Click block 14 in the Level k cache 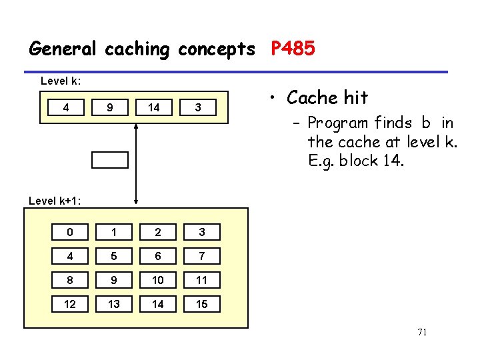point(154,107)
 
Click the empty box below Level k point(109,159)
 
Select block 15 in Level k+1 point(201,304)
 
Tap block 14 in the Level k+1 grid point(157,304)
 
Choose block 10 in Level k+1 point(157,280)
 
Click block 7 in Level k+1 point(201,256)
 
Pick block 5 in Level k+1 point(113,256)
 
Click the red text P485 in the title point(293,49)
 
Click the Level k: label point(61,81)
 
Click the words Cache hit point(327,98)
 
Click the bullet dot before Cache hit point(274,99)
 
